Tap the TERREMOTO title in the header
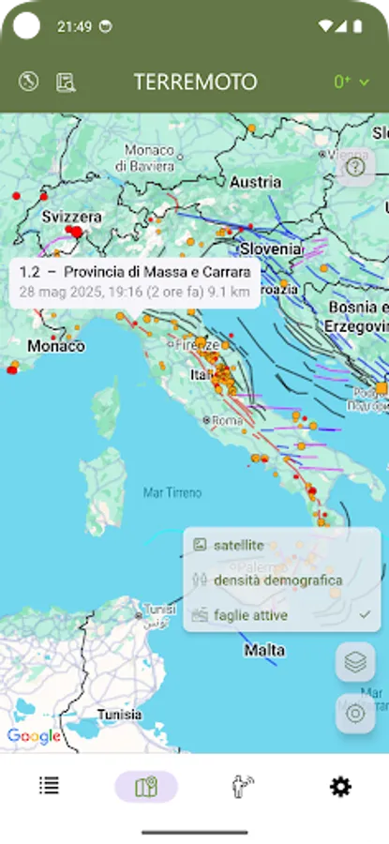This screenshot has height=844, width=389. (195, 82)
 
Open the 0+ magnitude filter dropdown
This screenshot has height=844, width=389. (352, 82)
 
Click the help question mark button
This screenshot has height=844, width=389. (355, 168)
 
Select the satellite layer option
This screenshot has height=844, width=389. (238, 545)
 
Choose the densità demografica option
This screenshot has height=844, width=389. (277, 580)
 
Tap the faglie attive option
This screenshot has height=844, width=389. (250, 615)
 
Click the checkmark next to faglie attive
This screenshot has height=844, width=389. (365, 614)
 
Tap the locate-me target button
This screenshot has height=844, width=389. (355, 713)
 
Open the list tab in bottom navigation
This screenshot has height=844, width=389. (49, 787)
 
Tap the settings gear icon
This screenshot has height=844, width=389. (340, 787)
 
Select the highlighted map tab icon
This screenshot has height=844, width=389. (146, 787)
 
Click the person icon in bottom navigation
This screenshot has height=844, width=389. (244, 787)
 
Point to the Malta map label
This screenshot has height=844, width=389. (263, 649)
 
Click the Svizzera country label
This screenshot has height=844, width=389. (71, 217)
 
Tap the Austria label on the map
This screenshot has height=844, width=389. (255, 181)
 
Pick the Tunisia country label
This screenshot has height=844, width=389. (120, 715)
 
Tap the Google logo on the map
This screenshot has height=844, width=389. (34, 736)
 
